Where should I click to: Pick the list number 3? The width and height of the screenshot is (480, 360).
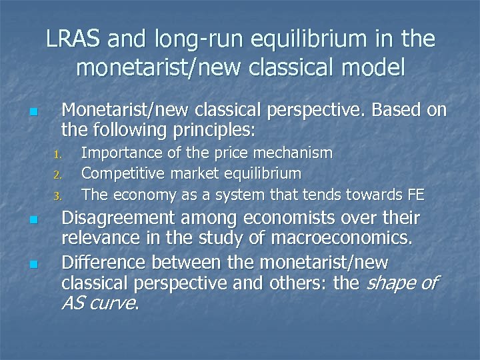tap(58, 196)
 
